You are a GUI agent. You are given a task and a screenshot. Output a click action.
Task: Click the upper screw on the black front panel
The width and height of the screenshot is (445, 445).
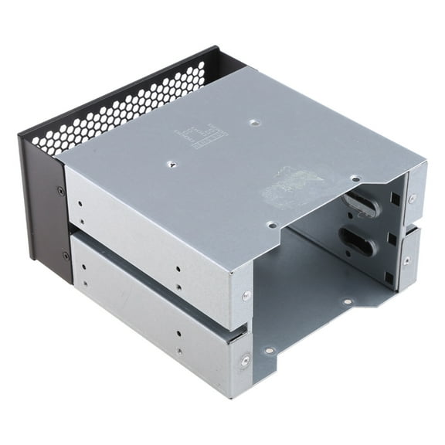click(61, 190)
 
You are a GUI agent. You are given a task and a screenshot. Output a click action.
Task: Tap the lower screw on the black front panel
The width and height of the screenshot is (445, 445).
click(65, 256)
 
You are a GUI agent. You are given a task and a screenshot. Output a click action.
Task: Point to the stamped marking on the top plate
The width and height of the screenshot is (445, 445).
click(203, 138)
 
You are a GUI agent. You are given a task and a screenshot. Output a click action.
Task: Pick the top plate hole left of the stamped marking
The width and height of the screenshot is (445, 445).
click(172, 164)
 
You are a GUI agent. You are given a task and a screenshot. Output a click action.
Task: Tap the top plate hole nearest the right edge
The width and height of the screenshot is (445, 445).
click(355, 178)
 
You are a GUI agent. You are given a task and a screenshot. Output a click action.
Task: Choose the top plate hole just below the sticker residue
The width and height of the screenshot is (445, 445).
click(271, 225)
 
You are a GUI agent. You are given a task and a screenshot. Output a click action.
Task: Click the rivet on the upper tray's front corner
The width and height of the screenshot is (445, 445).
click(246, 295)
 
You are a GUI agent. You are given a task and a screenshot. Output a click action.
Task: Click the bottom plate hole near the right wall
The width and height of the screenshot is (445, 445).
click(348, 301)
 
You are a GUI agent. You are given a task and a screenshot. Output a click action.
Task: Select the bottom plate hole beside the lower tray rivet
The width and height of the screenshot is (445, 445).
click(269, 350)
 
